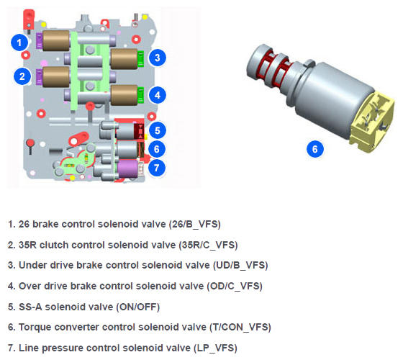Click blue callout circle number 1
(x=19, y=42)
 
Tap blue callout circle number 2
(x=22, y=76)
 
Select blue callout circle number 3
(x=158, y=58)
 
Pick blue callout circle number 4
(x=158, y=95)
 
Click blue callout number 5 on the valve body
(x=158, y=130)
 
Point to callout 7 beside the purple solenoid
(x=157, y=168)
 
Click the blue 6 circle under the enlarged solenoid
(x=315, y=149)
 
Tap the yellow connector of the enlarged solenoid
(x=372, y=122)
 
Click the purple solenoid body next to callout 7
(x=128, y=168)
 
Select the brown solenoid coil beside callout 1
(x=56, y=40)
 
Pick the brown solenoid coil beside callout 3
(x=124, y=59)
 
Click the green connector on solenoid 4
(x=140, y=95)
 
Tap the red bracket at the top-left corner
(x=29, y=20)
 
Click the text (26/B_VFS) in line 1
(x=195, y=224)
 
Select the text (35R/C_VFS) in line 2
(x=208, y=245)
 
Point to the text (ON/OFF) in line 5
(x=137, y=307)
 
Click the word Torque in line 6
(x=35, y=328)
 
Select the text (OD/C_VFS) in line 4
(x=235, y=287)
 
